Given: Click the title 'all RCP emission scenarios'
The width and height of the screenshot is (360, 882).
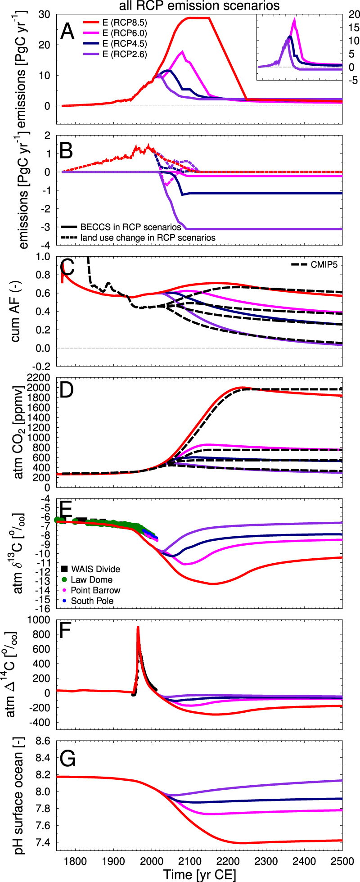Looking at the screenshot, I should pyautogui.click(x=199, y=6).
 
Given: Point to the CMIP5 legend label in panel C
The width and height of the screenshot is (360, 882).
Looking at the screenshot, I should pyautogui.click(x=324, y=265).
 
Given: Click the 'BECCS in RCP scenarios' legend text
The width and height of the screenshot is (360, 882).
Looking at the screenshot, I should pyautogui.click(x=130, y=227).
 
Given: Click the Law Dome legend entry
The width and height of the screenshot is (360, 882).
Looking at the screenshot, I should pyautogui.click(x=92, y=579).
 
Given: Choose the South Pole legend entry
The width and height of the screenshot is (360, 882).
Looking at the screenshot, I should pyautogui.click(x=92, y=601).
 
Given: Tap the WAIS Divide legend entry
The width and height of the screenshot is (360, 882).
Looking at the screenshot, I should pyautogui.click(x=95, y=569).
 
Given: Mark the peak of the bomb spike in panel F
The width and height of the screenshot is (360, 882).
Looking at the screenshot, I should pyautogui.click(x=138, y=627).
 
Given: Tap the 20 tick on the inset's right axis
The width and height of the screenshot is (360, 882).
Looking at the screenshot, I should pyautogui.click(x=354, y=15).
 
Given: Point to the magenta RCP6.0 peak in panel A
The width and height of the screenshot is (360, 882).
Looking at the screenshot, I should pyautogui.click(x=182, y=51).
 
